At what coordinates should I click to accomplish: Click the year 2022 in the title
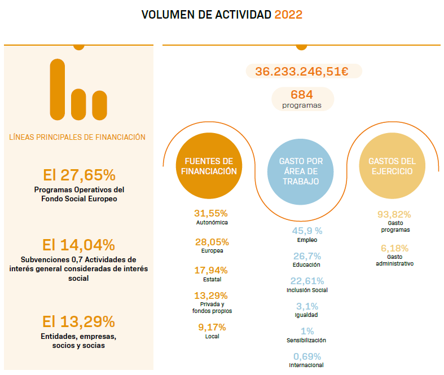[288, 15]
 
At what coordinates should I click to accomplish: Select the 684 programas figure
[302, 99]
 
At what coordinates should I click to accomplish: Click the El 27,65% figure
[79, 175]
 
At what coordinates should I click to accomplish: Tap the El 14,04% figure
[79, 245]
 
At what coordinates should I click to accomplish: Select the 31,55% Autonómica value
[210, 213]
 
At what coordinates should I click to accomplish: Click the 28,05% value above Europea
[212, 241]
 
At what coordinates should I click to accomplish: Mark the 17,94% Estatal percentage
[212, 270]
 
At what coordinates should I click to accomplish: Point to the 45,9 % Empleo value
[307, 231]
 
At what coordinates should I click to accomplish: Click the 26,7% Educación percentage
[307, 255]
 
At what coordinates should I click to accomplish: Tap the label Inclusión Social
[307, 290]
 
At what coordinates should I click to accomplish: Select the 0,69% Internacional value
[307, 356]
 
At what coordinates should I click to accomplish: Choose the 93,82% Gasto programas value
[394, 214]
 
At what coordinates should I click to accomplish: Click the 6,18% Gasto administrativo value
[394, 248]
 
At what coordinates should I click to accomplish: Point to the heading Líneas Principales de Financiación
[77, 136]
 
